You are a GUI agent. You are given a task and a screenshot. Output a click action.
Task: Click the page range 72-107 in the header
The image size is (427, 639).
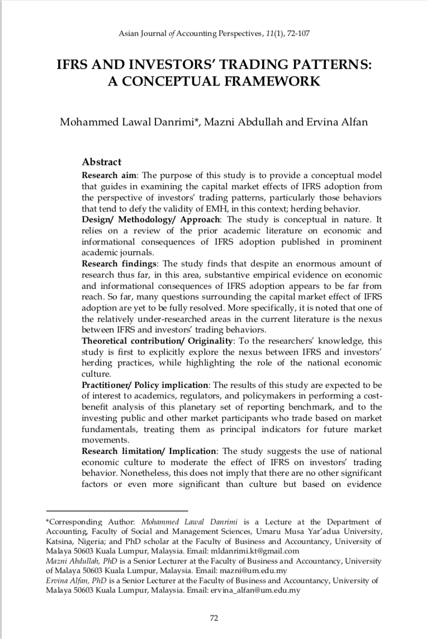coord(297,34)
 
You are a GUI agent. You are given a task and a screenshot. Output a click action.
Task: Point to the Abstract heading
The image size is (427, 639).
coord(101,162)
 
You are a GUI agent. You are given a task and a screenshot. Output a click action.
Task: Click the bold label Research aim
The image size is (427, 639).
coord(103,175)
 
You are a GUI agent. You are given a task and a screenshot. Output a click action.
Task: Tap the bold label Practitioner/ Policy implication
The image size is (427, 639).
coord(145,386)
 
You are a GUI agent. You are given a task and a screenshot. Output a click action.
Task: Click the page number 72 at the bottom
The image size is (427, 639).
coord(214,618)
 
